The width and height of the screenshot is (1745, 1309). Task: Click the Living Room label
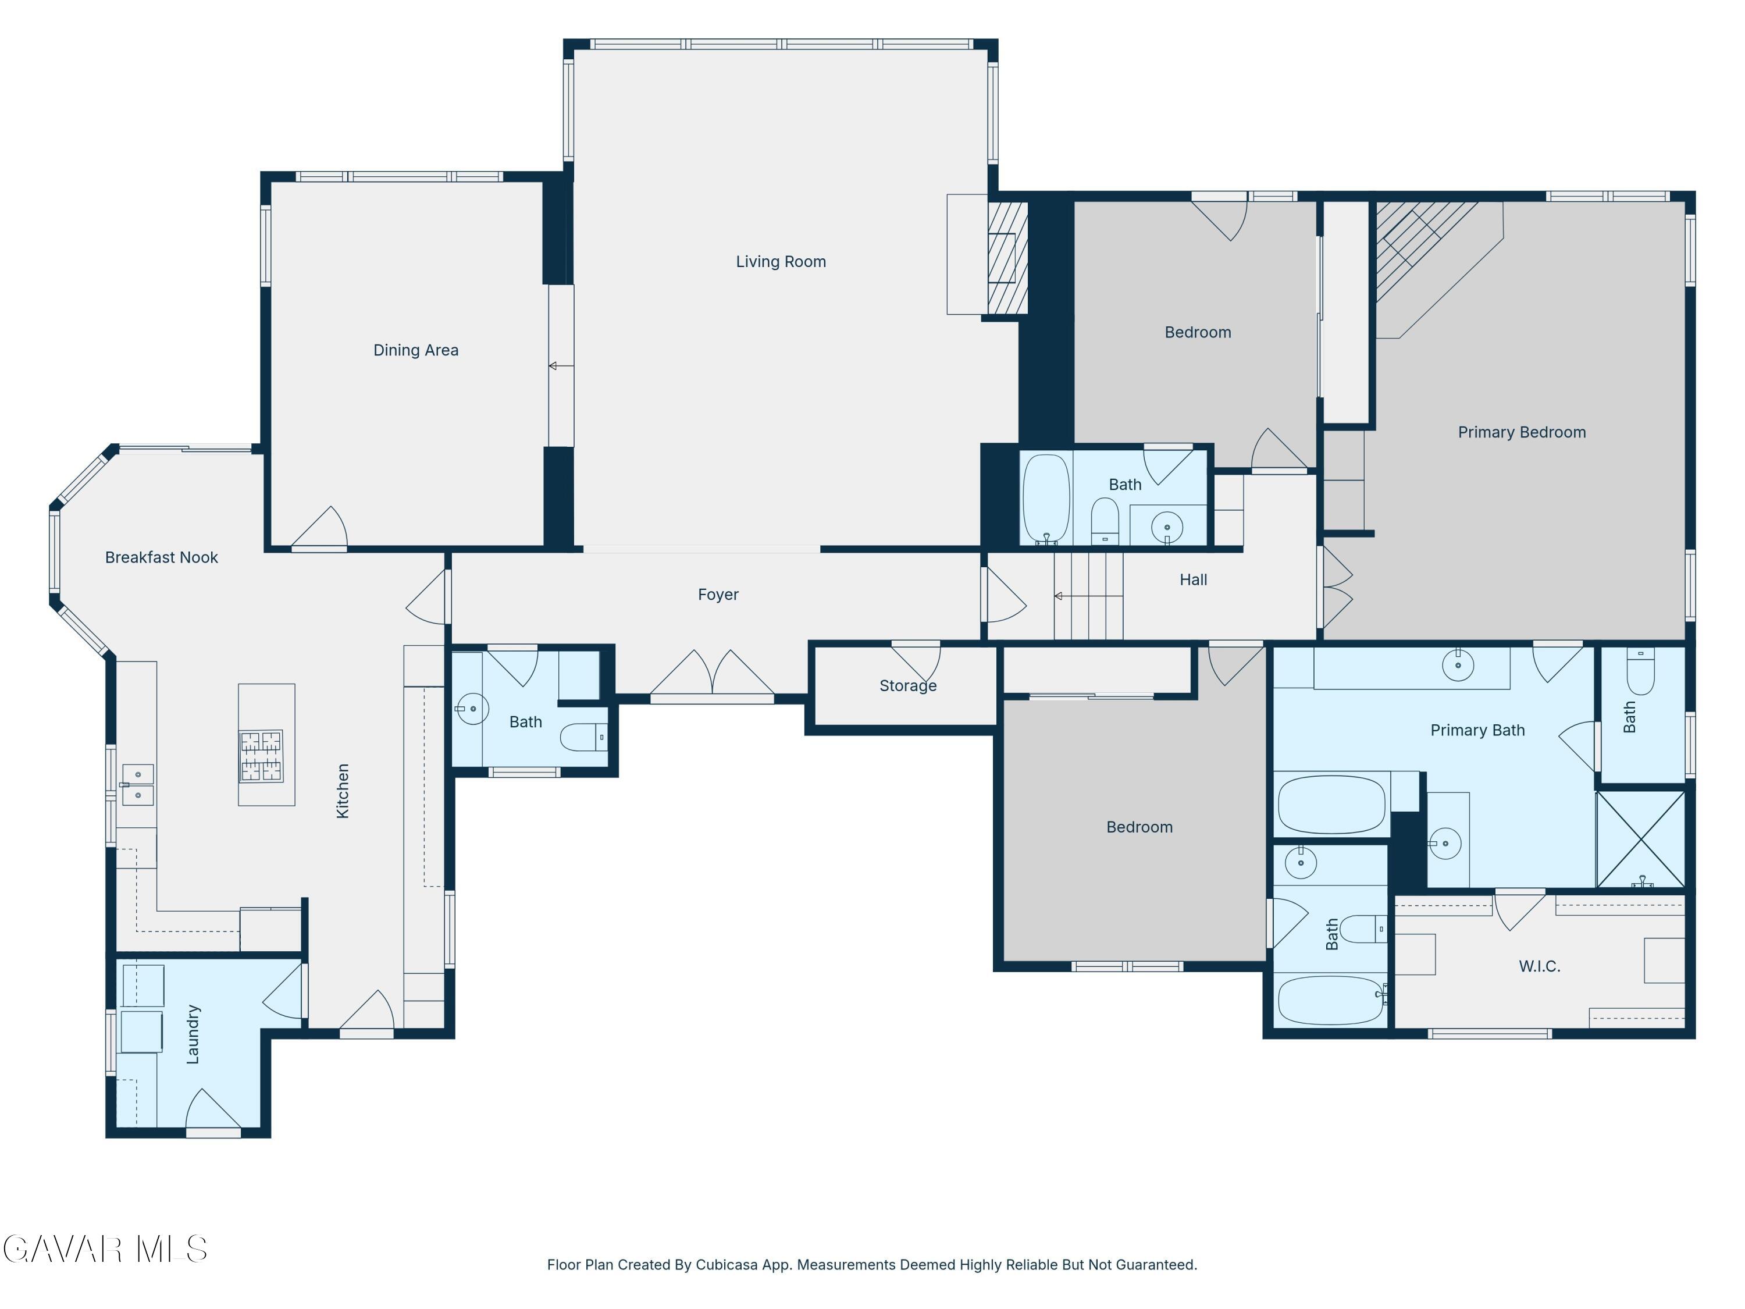781,261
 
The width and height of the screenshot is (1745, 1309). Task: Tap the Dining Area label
416,350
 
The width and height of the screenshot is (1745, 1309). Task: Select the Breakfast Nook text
162,557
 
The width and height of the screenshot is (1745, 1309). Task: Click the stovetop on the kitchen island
261,756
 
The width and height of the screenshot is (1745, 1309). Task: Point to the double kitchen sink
137,785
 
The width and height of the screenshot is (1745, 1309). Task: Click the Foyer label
718,594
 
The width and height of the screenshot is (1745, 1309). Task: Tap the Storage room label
908,686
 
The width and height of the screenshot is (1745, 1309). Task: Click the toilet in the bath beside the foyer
584,737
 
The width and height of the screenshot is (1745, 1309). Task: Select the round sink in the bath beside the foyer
472,709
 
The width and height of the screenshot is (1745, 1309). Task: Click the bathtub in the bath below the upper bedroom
1046,499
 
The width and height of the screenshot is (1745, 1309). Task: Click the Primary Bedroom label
1522,432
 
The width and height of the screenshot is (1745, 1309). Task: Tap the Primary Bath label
1477,730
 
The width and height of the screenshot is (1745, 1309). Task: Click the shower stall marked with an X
1641,839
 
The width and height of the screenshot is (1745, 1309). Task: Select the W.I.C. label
1540,966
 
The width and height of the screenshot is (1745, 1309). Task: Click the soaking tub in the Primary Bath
1331,805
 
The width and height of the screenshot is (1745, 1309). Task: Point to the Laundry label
193,1034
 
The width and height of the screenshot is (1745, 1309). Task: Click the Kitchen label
343,791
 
